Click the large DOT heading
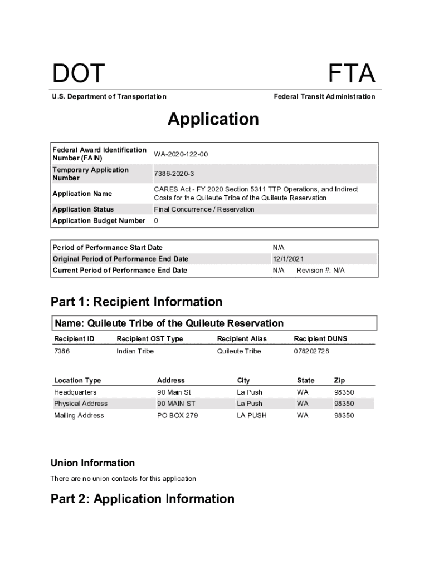coord(79,75)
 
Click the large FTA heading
coord(351,75)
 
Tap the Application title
coord(213,119)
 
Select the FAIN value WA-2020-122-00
coord(181,154)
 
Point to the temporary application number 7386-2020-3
coord(174,174)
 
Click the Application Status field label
coord(83,209)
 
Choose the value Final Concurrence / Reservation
coord(204,209)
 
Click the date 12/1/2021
coord(288,259)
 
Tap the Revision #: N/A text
coord(320,271)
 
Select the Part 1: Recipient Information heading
coord(136,302)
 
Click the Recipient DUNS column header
coord(320,339)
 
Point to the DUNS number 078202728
coord(311,351)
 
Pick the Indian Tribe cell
coord(135,351)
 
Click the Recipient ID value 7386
coord(62,351)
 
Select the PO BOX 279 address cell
coord(177,416)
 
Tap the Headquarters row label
coord(75,392)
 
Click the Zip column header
coord(339,381)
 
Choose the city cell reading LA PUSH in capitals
coord(251,416)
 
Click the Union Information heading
coord(92,463)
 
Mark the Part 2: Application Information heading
coord(143,499)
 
